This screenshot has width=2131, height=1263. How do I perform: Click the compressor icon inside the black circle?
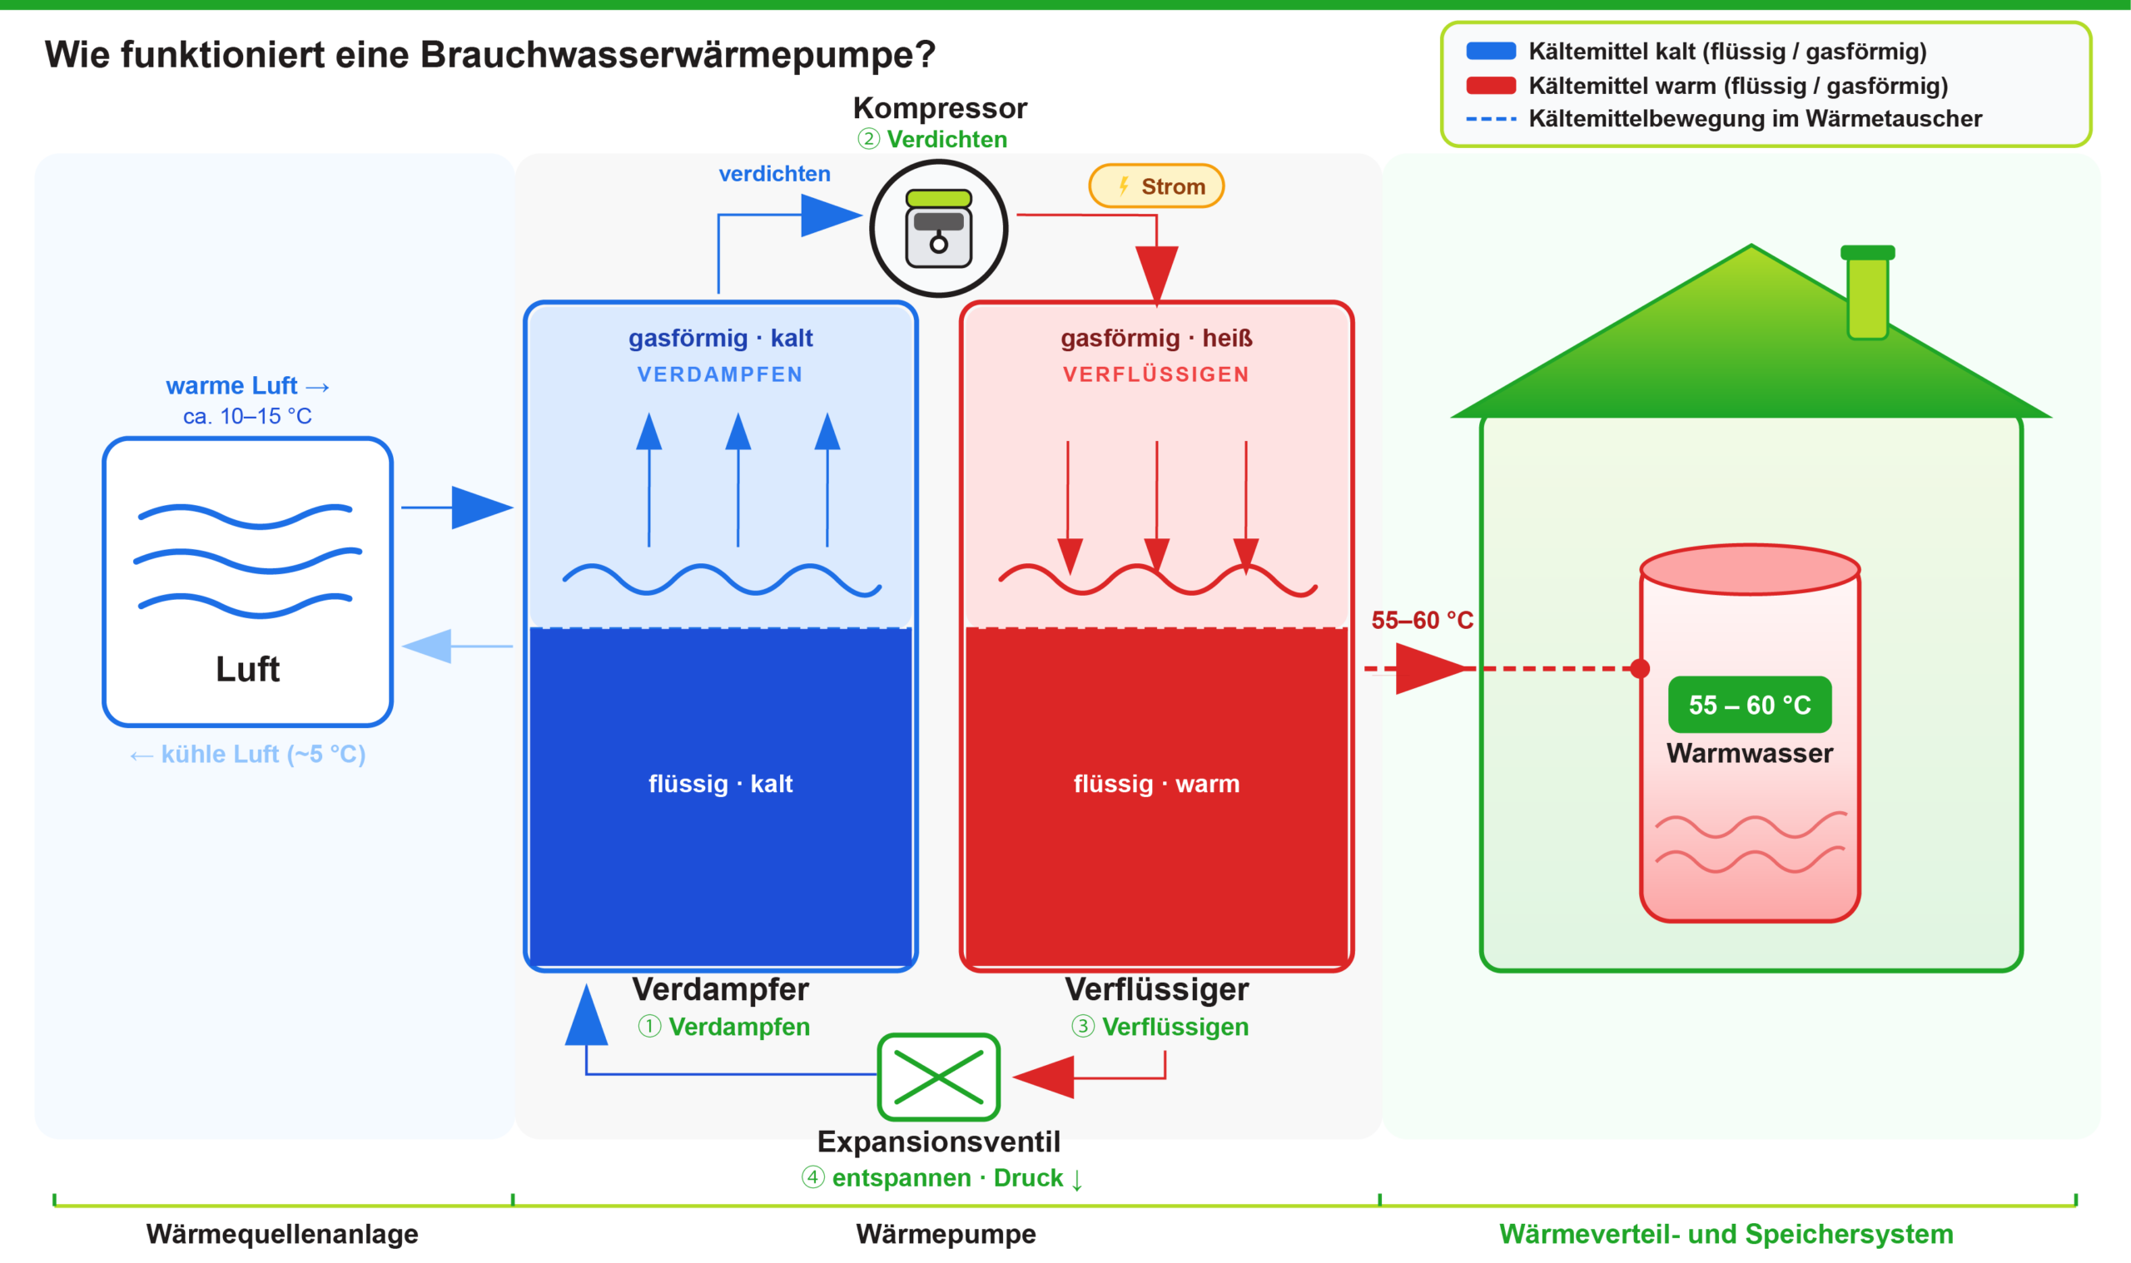pyautogui.click(x=938, y=228)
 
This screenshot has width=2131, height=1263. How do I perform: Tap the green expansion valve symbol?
pyautogui.click(x=938, y=1077)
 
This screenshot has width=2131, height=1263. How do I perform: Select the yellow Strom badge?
pyautogui.click(x=1156, y=186)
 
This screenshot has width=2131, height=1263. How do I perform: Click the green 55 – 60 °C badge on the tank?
pyautogui.click(x=1749, y=705)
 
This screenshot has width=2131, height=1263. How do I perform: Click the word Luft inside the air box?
pyautogui.click(x=247, y=669)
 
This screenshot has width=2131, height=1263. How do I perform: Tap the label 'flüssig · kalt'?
pyautogui.click(x=720, y=783)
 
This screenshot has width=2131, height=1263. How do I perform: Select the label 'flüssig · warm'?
pyautogui.click(x=1156, y=783)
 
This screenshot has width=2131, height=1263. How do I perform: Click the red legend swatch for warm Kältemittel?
pyautogui.click(x=1490, y=86)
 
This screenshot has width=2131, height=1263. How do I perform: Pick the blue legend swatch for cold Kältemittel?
pyautogui.click(x=1490, y=51)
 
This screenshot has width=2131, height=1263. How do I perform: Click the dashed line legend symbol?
pyautogui.click(x=1490, y=119)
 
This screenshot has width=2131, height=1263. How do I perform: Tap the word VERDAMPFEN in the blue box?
pyautogui.click(x=720, y=374)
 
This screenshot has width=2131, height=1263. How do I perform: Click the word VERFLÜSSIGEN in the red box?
pyautogui.click(x=1156, y=374)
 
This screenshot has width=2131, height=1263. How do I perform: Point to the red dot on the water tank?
pyautogui.click(x=1640, y=669)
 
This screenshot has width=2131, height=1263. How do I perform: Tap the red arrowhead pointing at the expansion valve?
pyautogui.click(x=1046, y=1077)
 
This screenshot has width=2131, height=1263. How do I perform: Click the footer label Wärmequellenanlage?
pyautogui.click(x=282, y=1233)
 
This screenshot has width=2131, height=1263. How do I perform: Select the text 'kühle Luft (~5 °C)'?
pyautogui.click(x=262, y=754)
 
